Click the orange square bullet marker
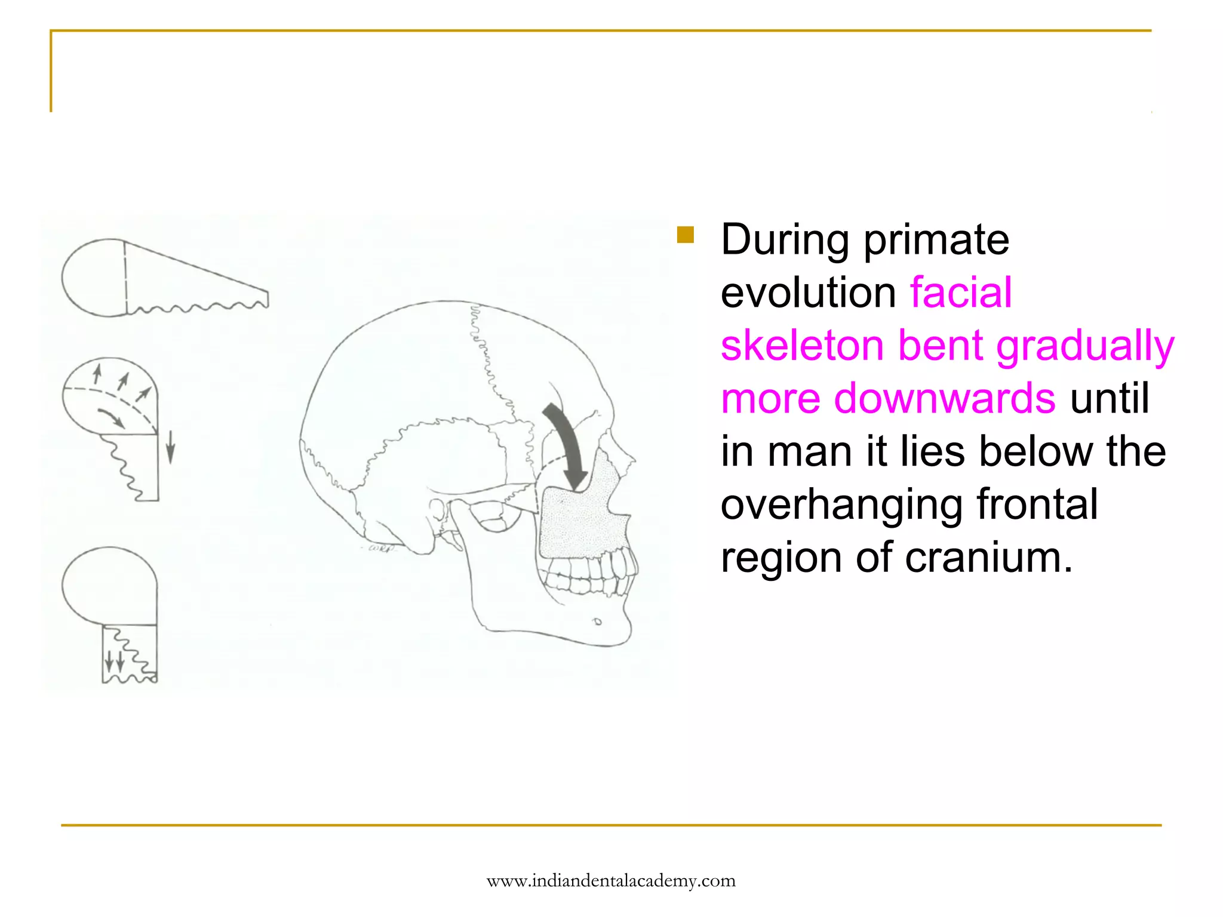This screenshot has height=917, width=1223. (686, 235)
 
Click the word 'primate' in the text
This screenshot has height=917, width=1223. (936, 240)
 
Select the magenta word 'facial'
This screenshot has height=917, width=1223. (961, 293)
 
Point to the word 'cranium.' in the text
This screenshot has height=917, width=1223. (988, 557)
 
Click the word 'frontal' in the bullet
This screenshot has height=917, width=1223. (1037, 504)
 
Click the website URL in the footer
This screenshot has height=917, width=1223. (611, 881)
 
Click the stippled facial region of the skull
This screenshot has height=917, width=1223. (582, 519)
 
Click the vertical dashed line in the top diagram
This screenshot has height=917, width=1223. (126, 278)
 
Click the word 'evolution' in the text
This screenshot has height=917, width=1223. (808, 293)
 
